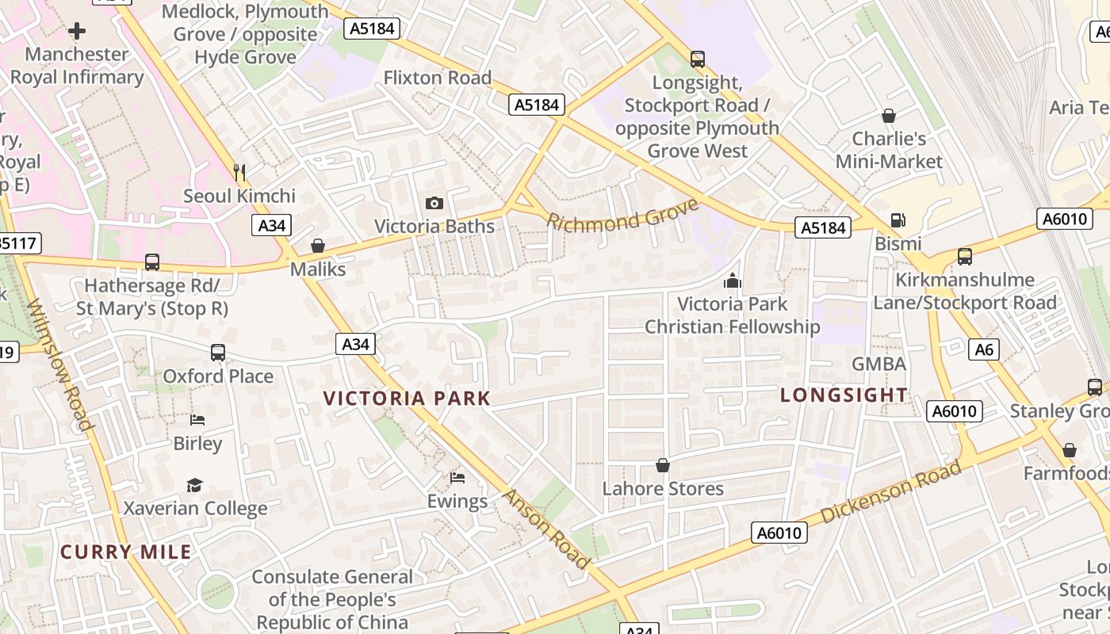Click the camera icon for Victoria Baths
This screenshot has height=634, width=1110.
tap(434, 203)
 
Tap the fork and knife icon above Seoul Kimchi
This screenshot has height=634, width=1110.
tap(239, 171)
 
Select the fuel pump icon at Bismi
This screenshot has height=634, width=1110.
tap(898, 220)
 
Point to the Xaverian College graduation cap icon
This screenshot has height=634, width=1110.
tap(194, 484)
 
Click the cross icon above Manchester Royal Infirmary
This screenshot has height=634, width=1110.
tap(77, 31)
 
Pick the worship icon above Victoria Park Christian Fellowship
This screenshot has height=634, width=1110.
tap(732, 280)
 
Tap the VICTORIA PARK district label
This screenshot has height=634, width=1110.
tap(408, 398)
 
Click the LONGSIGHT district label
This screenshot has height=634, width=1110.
tap(844, 395)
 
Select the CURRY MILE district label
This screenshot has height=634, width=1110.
tap(126, 552)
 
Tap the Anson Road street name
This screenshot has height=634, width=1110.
tap(547, 529)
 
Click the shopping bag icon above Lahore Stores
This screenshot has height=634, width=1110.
tap(663, 464)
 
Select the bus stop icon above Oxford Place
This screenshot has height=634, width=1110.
tap(218, 352)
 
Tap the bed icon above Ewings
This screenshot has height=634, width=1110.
tap(457, 477)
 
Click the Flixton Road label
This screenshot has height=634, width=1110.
tap(438, 78)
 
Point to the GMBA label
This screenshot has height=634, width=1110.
tap(878, 364)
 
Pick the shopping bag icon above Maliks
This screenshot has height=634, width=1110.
tap(318, 246)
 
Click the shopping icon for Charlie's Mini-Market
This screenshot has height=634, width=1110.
tap(889, 116)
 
